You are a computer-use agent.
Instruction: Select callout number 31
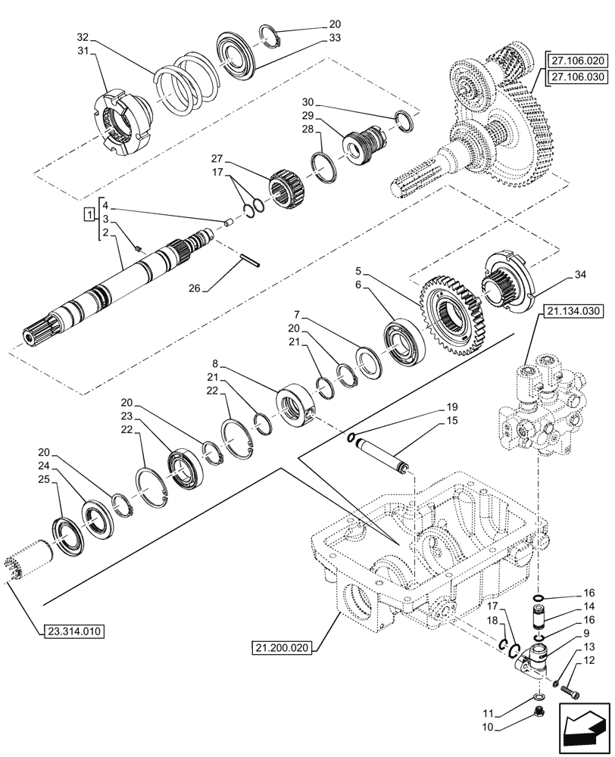pos(83,51)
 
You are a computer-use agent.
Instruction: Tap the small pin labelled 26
pos(250,258)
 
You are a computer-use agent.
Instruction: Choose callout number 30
pos(327,103)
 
